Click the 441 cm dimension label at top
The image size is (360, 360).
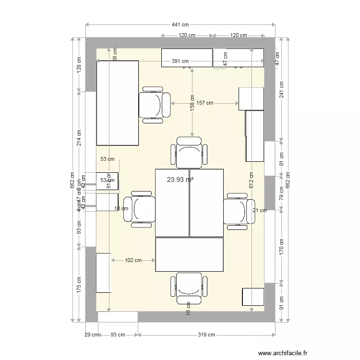180,24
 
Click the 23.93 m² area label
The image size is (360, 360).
180,180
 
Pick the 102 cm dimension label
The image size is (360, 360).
133,261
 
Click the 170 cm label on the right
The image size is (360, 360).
282,246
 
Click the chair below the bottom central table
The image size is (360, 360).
189,288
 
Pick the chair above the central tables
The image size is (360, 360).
189,152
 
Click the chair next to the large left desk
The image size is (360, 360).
154,105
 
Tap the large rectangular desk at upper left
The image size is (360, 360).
118,103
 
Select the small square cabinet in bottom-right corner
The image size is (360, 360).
253,297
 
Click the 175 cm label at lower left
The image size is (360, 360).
80,285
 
